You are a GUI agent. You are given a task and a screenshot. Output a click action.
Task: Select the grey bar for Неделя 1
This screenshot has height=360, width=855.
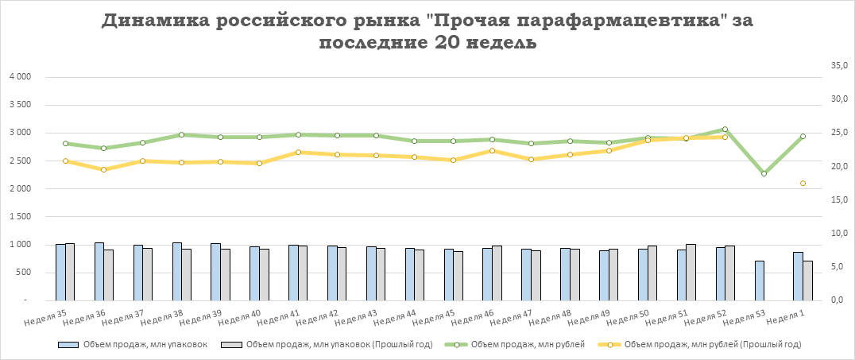click(x=807, y=281)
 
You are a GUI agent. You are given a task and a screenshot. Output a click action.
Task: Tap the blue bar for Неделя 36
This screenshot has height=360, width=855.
click(x=99, y=271)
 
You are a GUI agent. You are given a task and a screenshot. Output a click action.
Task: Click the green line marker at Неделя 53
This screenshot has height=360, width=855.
click(x=764, y=173)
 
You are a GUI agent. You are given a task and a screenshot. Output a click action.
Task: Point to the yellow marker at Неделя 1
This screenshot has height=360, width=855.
click(x=803, y=184)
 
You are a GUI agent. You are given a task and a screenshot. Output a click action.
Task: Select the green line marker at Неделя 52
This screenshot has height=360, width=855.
click(x=725, y=129)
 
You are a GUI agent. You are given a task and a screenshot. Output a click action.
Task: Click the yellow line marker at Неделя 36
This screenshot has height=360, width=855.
click(x=104, y=169)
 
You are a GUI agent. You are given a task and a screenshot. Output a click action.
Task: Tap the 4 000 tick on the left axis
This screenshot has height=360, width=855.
click(x=19, y=77)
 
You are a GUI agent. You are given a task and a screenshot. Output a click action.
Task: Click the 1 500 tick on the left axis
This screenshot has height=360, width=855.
click(x=19, y=217)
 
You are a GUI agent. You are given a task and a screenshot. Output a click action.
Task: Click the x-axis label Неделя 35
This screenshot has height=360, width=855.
click(x=45, y=319)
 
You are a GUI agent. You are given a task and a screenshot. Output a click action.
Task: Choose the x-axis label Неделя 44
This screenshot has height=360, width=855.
click(x=394, y=319)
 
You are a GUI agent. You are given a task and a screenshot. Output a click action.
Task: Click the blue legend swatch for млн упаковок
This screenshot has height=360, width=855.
click(x=68, y=345)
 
